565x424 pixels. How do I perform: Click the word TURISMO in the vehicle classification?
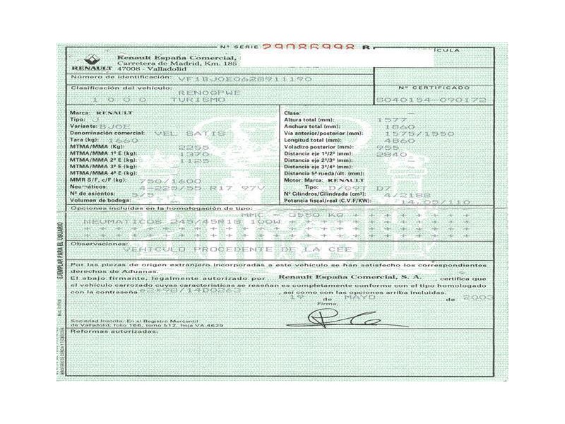coord(194,100)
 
